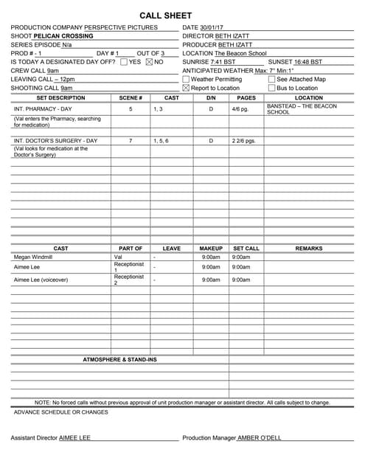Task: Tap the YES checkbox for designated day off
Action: (x=124, y=61)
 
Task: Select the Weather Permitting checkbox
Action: (x=186, y=79)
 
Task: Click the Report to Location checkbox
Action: (x=186, y=88)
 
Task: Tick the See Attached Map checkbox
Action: (x=271, y=79)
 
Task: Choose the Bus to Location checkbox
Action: (x=271, y=88)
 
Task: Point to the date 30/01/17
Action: (x=212, y=27)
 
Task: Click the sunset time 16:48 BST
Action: (x=305, y=61)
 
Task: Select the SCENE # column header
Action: (x=130, y=97)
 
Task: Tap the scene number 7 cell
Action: (x=131, y=140)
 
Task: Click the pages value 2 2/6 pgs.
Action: (x=243, y=140)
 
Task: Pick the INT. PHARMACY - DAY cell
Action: (x=43, y=108)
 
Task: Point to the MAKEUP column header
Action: (x=211, y=249)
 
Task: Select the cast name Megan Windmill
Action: (x=33, y=257)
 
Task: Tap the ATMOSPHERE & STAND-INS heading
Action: (x=119, y=359)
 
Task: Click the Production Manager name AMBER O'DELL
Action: (x=260, y=437)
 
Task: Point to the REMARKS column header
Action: (x=308, y=249)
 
